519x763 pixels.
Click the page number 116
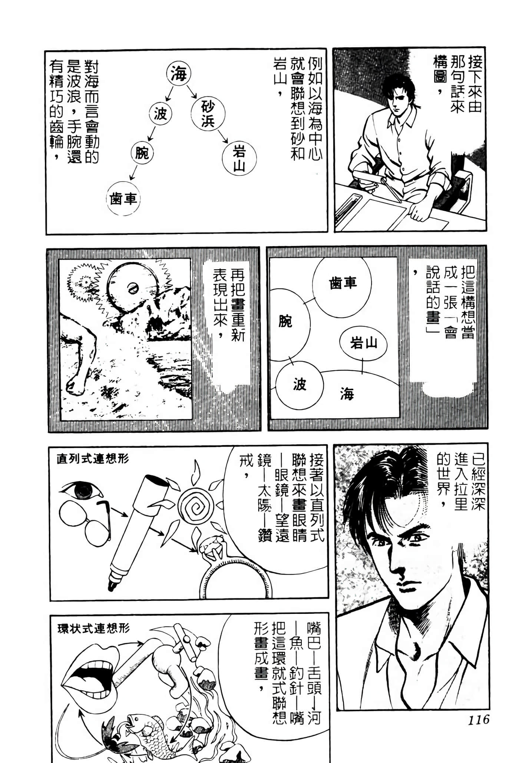(478, 720)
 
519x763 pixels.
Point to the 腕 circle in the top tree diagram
(142, 152)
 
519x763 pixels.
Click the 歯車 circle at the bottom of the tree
(123, 199)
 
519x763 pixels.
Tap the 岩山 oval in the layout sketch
(363, 343)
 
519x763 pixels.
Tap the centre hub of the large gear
(132, 287)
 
